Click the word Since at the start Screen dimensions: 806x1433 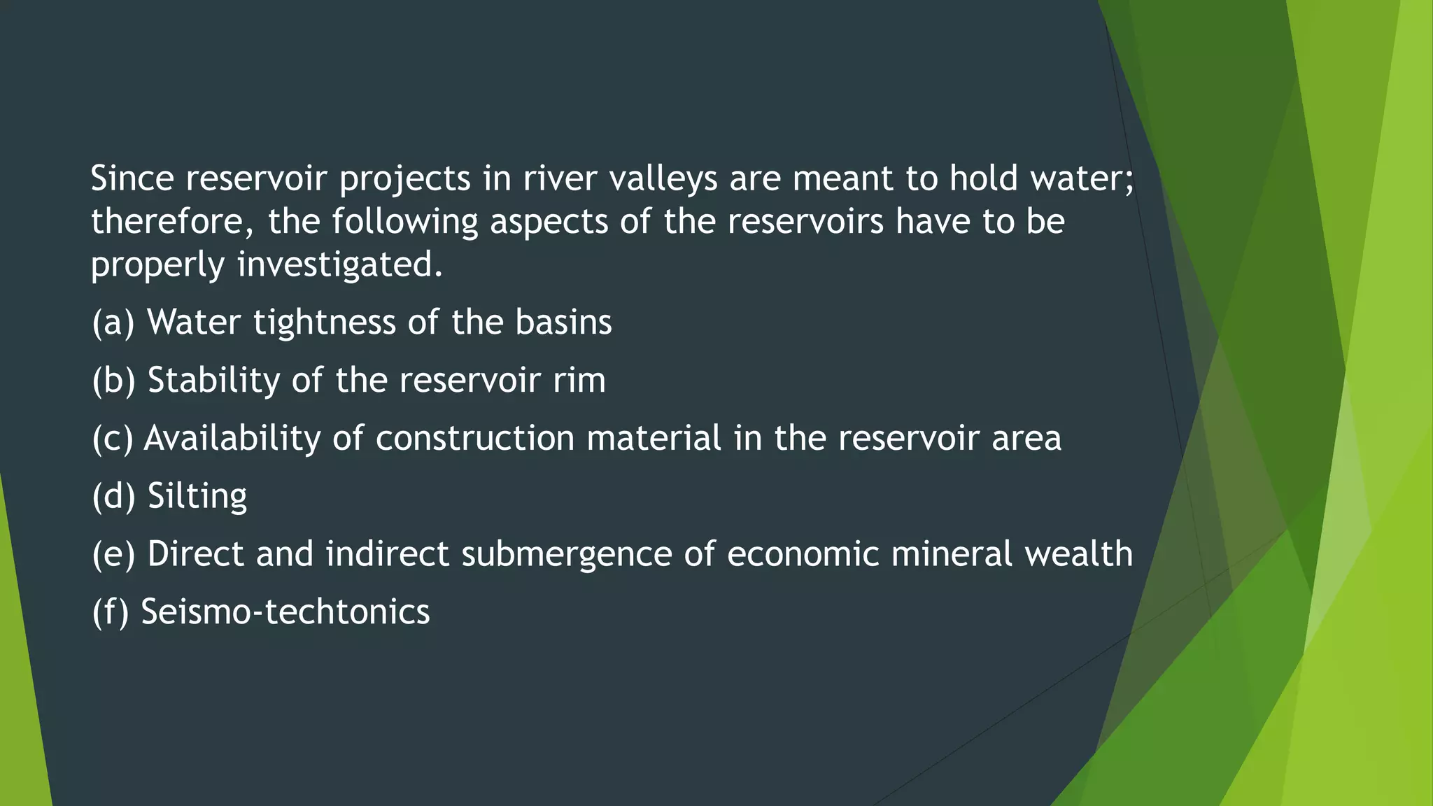132,178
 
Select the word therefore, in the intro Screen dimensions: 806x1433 173,222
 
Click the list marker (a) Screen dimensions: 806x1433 113,323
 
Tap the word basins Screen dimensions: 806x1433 563,323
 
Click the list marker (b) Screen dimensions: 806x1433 113,381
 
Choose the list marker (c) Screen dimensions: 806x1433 112,439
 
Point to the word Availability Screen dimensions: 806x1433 232,439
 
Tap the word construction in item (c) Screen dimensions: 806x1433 475,439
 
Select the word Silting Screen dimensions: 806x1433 197,497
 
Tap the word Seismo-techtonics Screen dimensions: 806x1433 285,611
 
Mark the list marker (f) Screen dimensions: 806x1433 111,612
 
